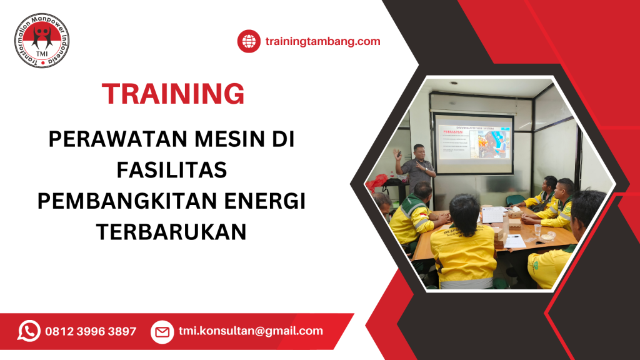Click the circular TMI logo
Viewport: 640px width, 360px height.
[x=42, y=41]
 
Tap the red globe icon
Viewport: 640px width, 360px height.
[x=249, y=42]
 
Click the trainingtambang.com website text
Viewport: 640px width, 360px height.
[x=322, y=42]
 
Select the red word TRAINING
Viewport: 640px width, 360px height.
[x=173, y=94]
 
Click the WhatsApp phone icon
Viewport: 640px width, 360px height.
[x=29, y=331]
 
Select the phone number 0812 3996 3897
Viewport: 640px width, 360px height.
[x=91, y=332]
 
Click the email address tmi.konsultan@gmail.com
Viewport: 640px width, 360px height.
[x=251, y=331]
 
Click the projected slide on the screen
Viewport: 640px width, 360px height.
[x=473, y=145]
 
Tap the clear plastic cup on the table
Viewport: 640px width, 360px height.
[x=537, y=232]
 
